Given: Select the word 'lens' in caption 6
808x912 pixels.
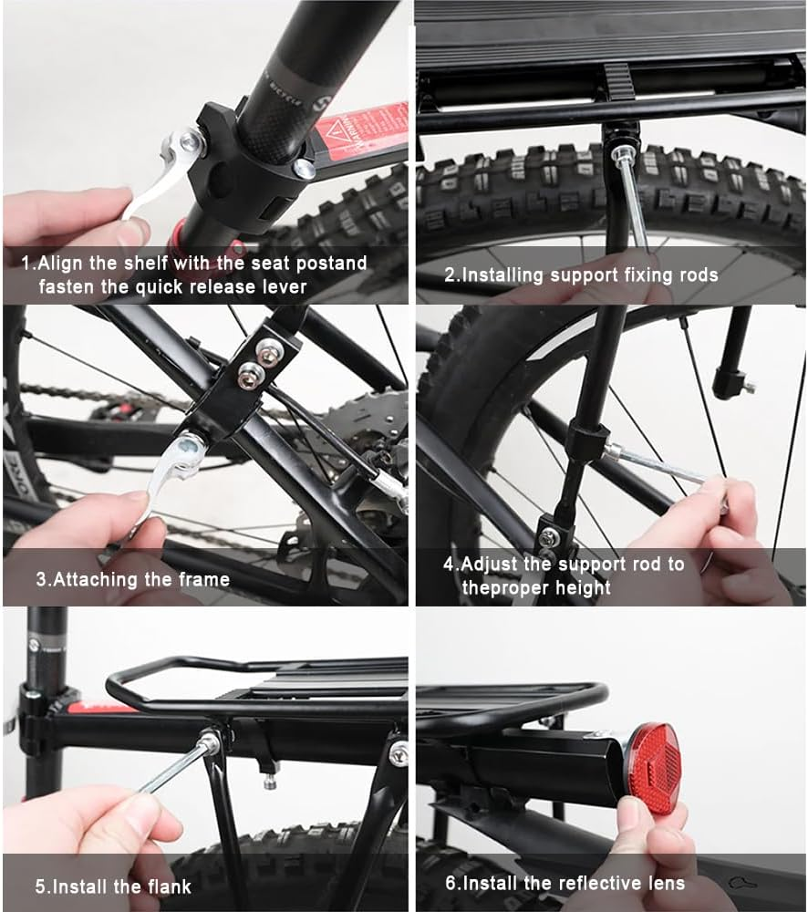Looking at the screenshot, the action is [x=664, y=882].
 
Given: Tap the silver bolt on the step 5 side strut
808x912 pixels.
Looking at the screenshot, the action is [x=399, y=752].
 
